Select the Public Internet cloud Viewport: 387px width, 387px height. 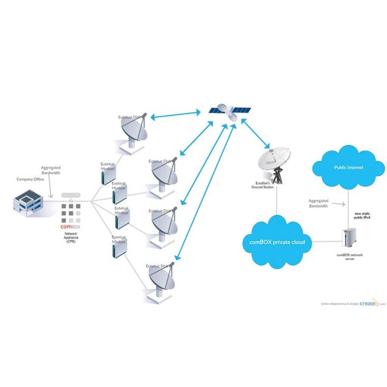348,169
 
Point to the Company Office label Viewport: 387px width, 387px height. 30,180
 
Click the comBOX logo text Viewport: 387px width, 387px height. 71,226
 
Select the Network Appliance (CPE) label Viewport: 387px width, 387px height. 71,237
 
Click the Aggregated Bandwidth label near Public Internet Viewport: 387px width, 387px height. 318,203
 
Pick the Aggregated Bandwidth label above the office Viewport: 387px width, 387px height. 51,170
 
